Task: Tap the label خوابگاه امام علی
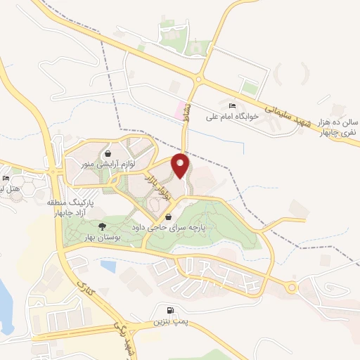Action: pyautogui.click(x=234, y=117)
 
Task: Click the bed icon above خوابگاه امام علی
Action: pyautogui.click(x=233, y=106)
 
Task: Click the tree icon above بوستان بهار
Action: pyautogui.click(x=102, y=226)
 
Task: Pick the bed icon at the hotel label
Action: pyautogui.click(x=6, y=178)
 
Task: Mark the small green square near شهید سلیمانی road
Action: pyautogui.click(x=249, y=89)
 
